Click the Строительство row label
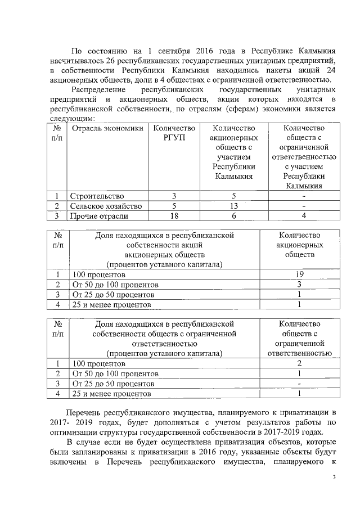(96, 196)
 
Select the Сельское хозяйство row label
(105, 206)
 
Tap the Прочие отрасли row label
(98, 216)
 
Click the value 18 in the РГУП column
(174, 216)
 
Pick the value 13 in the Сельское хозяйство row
(233, 206)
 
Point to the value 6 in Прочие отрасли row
(233, 216)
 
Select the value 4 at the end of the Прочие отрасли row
(304, 216)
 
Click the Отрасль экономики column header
(106, 128)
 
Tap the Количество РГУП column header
(174, 133)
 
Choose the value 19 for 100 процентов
(299, 274)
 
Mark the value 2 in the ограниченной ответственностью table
(299, 364)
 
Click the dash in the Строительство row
(304, 196)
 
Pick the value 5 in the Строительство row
(233, 196)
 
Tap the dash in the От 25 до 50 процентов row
(299, 384)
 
